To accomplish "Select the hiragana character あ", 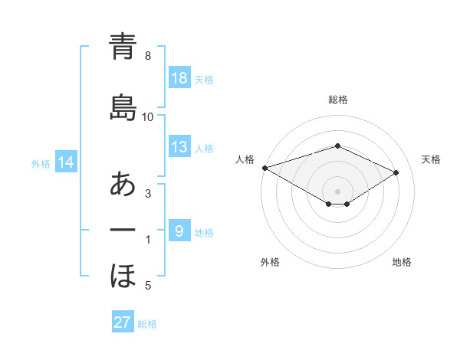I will [x=123, y=184].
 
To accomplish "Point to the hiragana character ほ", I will [x=123, y=276].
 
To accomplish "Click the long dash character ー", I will [x=123, y=230].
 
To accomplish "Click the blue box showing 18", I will [x=179, y=77].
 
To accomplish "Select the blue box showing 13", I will [x=179, y=147].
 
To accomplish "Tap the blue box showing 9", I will [x=179, y=231].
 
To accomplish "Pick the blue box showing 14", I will [x=66, y=162].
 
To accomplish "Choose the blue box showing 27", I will [x=123, y=322].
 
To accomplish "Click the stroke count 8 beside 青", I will [x=148, y=56].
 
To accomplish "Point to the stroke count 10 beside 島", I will [x=148, y=117].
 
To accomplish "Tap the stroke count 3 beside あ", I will [x=148, y=195].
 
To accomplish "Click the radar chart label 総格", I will [x=337, y=100].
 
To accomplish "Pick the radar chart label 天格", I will [x=431, y=159].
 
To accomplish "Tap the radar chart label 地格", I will [x=402, y=262].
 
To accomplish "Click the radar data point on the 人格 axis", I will [x=264, y=167].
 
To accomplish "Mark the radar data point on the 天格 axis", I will [x=396, y=172].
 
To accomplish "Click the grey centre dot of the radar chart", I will [x=337, y=191].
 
